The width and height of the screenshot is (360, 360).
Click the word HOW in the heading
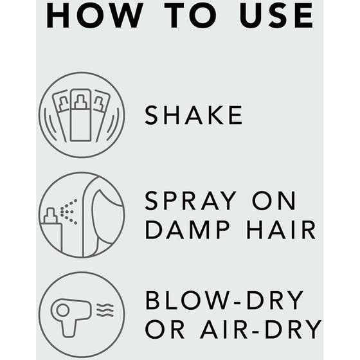tap(94, 15)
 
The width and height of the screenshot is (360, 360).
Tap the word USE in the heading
tap(276, 15)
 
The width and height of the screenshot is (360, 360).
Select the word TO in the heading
tap(190, 15)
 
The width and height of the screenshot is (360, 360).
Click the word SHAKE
tap(194, 115)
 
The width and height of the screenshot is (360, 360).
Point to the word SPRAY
tap(190, 201)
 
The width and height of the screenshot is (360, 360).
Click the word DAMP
tap(188, 230)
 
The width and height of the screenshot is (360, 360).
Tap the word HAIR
tap(281, 230)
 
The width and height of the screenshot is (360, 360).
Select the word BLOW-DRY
tap(224, 300)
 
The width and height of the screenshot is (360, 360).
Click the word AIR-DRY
tap(260, 329)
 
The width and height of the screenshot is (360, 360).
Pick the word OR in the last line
tap(165, 329)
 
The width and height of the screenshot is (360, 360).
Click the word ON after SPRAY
tap(274, 201)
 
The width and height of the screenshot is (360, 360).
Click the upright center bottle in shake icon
tap(80, 115)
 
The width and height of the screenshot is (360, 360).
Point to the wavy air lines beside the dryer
tap(105, 310)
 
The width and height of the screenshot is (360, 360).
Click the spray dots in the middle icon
tap(69, 212)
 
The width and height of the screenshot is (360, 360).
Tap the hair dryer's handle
tap(69, 328)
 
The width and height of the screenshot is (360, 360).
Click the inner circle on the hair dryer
tap(62, 310)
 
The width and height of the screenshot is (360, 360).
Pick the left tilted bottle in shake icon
tap(60, 113)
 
